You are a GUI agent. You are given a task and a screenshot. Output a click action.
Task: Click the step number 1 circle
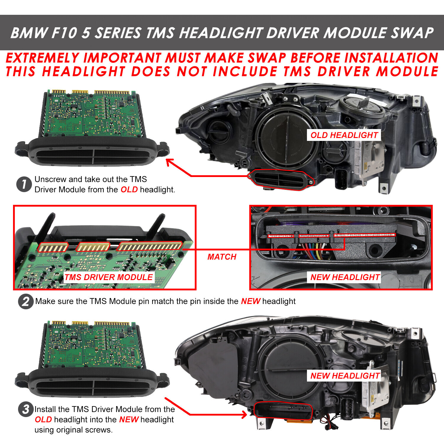pos(24,184)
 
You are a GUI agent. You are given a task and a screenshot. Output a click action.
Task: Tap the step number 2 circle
pos(26,301)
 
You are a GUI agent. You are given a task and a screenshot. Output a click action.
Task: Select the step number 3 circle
pos(26,409)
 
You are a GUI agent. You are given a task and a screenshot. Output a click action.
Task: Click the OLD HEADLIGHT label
pos(344,135)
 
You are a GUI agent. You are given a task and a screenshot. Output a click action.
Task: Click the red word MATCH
pos(222,257)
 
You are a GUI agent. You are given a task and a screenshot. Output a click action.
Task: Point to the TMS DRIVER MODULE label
pos(109,277)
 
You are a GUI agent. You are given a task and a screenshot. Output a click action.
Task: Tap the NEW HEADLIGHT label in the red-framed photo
pos(345,277)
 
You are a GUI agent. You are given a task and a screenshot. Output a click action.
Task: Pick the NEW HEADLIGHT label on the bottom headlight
pos(345,376)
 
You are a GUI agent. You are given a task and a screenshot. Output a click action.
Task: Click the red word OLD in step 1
pos(129,190)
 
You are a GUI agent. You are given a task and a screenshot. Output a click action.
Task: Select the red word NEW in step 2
pos(250,301)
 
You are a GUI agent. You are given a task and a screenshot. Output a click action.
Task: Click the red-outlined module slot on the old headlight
pos(281,180)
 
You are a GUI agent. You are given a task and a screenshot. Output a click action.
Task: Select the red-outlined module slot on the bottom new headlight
pos(283,411)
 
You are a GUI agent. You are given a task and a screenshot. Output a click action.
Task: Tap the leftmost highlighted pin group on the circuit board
pos(53,247)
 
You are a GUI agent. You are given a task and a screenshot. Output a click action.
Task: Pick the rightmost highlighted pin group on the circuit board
pos(149,246)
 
